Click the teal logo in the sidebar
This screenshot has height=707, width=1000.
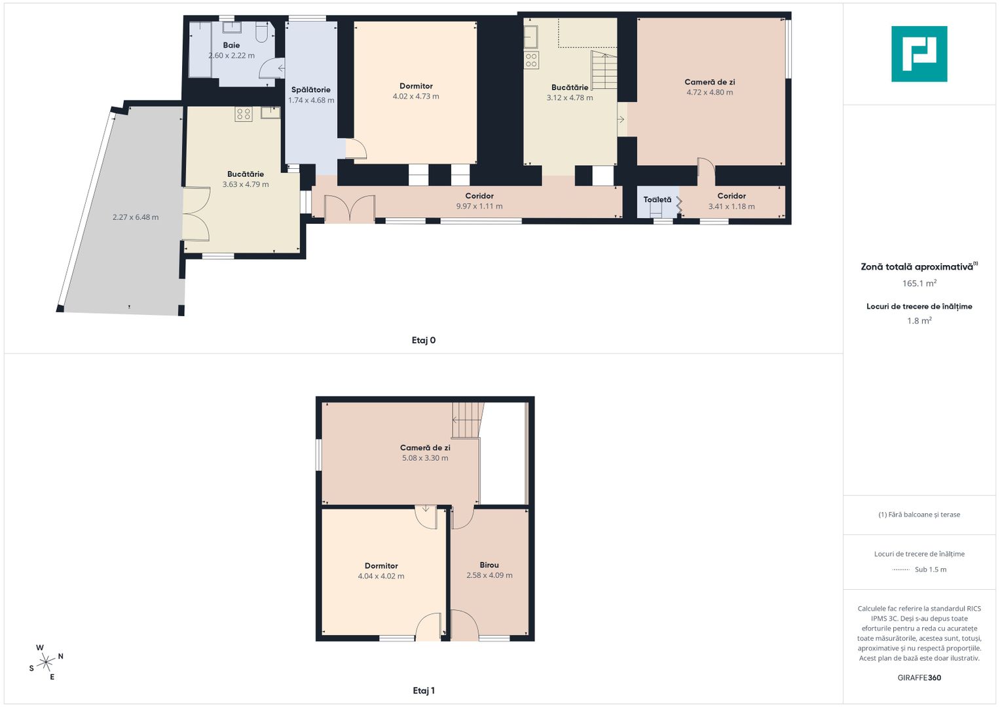(919, 54)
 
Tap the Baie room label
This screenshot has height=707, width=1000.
(231, 45)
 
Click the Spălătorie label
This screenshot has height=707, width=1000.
(310, 90)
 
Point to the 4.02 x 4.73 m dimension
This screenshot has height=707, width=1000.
(416, 96)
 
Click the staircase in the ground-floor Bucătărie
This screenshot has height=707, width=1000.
(604, 70)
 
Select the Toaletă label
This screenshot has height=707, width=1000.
(657, 200)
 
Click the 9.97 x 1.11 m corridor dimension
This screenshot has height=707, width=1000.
(479, 206)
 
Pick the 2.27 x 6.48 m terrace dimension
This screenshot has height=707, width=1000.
(136, 217)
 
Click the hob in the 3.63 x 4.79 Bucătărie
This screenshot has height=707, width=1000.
(244, 115)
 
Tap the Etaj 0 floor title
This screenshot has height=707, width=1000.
(423, 340)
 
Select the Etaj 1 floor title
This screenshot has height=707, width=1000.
(423, 691)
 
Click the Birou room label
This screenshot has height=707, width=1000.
(489, 565)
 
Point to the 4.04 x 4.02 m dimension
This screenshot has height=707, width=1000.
(380, 576)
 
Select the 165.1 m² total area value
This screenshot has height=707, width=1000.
(919, 283)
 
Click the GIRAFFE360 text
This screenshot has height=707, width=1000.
(919, 678)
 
